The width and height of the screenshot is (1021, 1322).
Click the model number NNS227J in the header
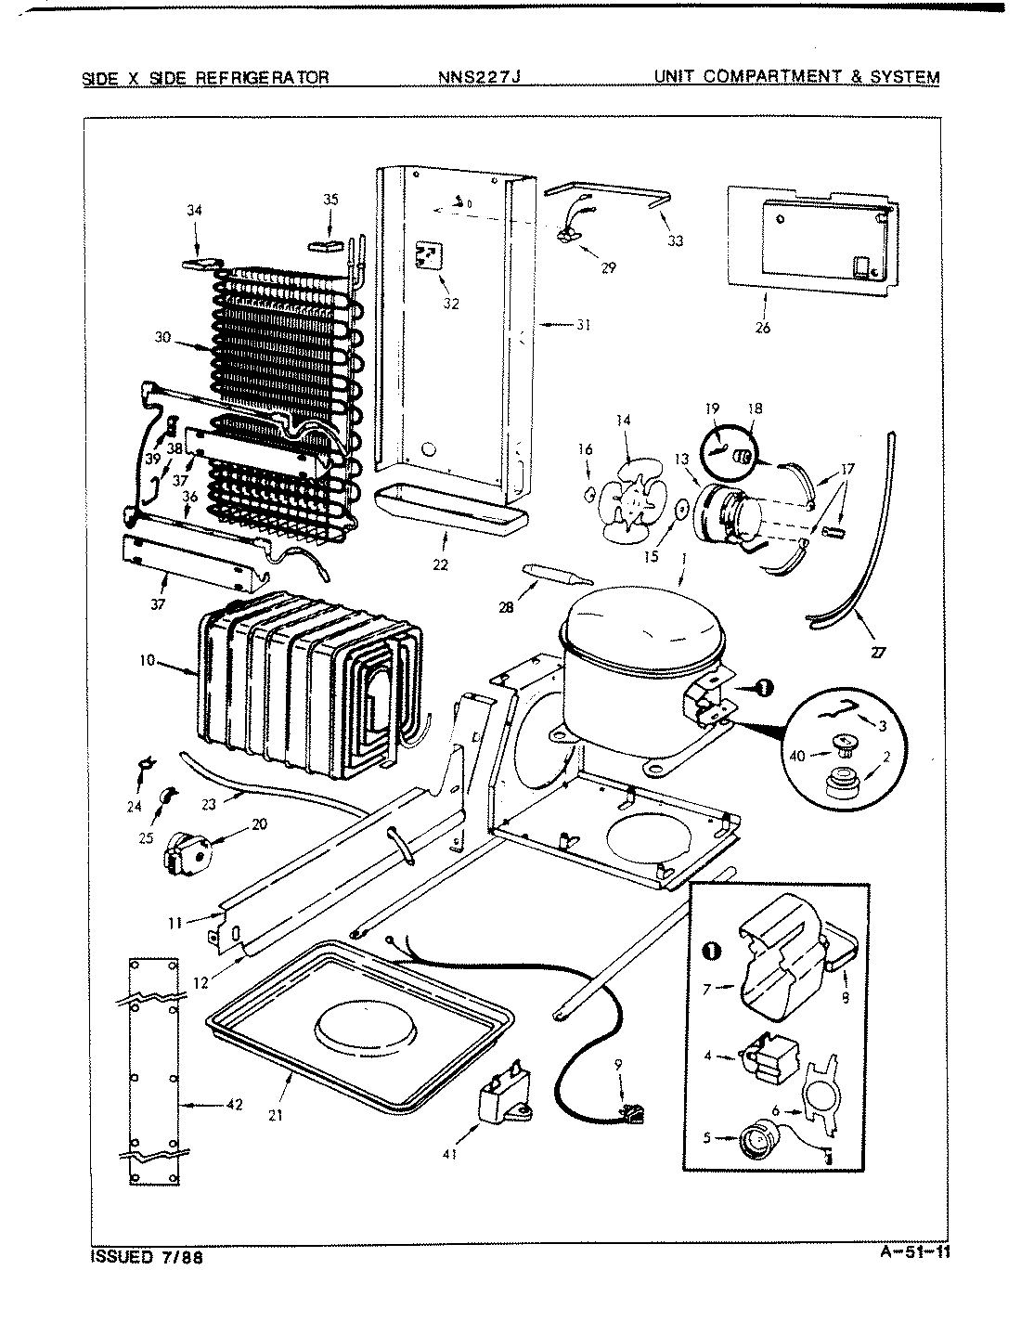(x=479, y=77)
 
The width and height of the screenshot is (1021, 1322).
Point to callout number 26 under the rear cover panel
(x=763, y=327)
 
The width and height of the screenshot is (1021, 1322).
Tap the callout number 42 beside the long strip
(x=234, y=1104)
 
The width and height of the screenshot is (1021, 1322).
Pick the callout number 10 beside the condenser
(x=147, y=660)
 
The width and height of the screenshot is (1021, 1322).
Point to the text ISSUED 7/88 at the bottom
(x=147, y=1258)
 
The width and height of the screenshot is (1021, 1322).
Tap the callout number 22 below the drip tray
(x=440, y=564)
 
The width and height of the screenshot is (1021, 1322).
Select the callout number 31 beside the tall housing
(x=583, y=325)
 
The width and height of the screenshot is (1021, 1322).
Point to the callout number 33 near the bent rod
(x=675, y=240)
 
